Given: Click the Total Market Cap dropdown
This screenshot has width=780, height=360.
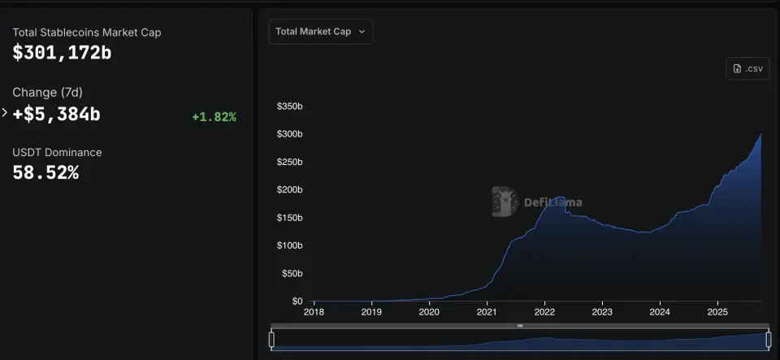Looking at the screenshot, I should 320,32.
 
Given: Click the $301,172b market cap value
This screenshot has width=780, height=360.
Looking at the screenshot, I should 62,54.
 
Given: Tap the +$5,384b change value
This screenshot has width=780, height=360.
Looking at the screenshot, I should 56,115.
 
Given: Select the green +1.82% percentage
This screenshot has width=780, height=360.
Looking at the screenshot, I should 214,117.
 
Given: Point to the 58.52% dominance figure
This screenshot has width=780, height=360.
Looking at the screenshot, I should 45,172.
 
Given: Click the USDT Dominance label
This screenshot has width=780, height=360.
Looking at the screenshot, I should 57,152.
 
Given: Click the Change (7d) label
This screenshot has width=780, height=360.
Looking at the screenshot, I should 46,93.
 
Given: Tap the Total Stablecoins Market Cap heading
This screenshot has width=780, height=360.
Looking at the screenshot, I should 87,33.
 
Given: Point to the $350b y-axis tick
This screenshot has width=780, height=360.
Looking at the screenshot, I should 289,106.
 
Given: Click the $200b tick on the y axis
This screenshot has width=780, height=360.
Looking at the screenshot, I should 289,190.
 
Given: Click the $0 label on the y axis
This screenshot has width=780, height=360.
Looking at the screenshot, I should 297,301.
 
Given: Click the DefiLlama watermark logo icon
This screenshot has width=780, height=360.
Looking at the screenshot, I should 504,202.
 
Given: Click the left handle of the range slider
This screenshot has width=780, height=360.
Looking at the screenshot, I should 271,339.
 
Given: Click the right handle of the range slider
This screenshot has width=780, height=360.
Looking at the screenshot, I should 769,339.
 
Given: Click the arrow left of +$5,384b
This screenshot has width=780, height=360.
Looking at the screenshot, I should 5,113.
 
